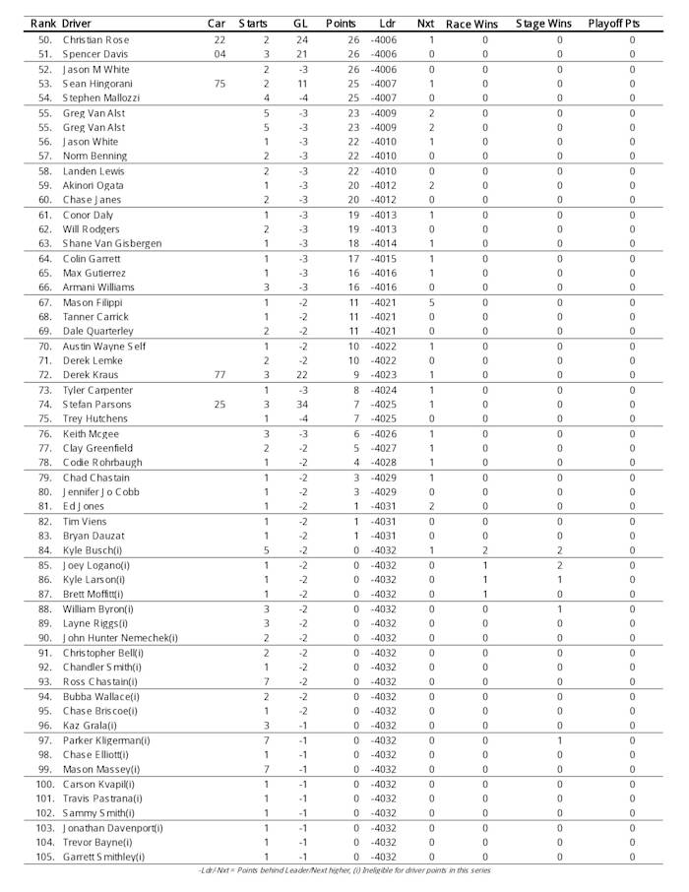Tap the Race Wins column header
pos(471,23)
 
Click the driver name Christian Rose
pos(95,40)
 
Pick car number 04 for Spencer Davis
pos(219,55)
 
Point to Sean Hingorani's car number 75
pos(219,84)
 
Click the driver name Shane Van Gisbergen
pos(112,244)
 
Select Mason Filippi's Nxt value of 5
pos(431,302)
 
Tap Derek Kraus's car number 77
pos(219,375)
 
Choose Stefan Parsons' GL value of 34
pos(302,405)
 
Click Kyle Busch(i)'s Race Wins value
pos(484,550)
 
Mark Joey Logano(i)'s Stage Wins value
pos(559,565)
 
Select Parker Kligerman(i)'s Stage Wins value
pos(559,740)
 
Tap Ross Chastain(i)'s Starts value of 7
pos(266,681)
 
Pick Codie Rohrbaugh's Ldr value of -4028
pos(383,463)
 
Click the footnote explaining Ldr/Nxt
pos(344,871)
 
